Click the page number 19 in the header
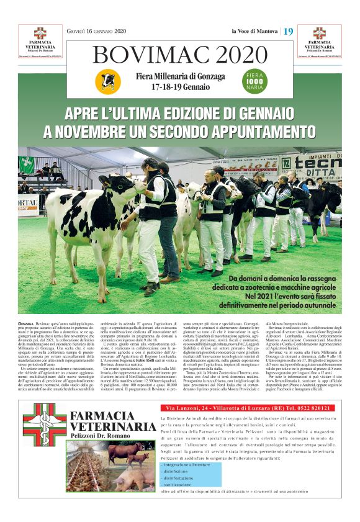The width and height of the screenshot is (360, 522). click(x=289, y=31)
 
